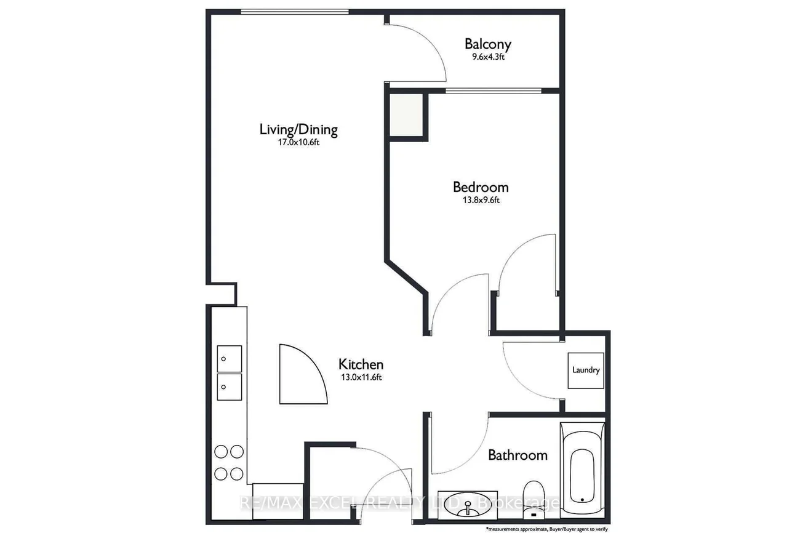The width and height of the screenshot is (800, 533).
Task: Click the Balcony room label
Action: point(488,44)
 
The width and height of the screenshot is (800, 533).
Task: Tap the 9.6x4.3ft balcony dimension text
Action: point(488,57)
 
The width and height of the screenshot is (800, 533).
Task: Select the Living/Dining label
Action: point(298,130)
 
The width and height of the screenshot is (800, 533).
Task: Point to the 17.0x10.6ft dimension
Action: point(298,142)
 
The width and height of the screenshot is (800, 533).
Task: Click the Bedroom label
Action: point(481,187)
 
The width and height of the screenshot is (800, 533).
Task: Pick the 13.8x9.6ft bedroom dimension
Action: point(481,200)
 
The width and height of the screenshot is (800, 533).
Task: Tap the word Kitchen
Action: point(361,364)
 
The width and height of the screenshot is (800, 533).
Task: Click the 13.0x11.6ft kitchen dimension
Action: point(361,377)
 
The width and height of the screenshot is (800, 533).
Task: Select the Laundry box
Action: point(586,371)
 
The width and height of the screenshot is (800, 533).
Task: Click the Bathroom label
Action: point(518,455)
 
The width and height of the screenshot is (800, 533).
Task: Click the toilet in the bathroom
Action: point(533,499)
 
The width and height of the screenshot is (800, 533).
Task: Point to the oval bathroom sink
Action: point(468,505)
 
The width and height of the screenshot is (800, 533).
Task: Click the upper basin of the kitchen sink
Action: point(230,359)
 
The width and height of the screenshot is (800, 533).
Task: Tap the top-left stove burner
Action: point(221,452)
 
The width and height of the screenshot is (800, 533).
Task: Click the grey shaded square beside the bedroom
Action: point(406,114)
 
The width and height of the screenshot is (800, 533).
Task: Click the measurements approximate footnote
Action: point(546,529)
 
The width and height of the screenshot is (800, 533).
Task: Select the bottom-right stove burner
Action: point(237,474)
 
